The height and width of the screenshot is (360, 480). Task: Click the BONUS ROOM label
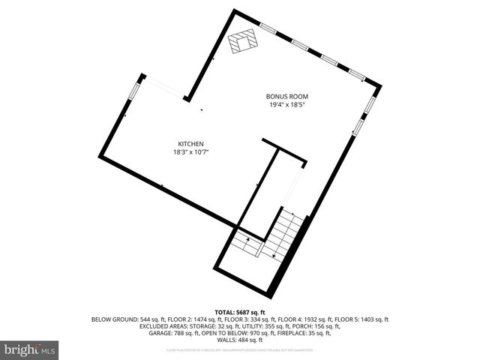(287, 96)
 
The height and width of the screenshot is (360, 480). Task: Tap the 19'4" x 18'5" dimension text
(287, 105)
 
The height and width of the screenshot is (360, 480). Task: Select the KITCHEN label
(190, 144)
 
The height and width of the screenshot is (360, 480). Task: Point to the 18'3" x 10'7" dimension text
(190, 152)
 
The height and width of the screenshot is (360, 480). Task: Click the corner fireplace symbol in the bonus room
(241, 42)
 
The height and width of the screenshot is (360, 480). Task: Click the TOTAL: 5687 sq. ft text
(240, 311)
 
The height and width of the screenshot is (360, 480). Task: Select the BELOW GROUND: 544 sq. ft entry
(121, 319)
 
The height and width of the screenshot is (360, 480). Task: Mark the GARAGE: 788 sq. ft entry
(170, 334)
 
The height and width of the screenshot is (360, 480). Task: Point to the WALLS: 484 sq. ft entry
(240, 341)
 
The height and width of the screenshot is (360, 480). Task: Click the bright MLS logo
(30, 349)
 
